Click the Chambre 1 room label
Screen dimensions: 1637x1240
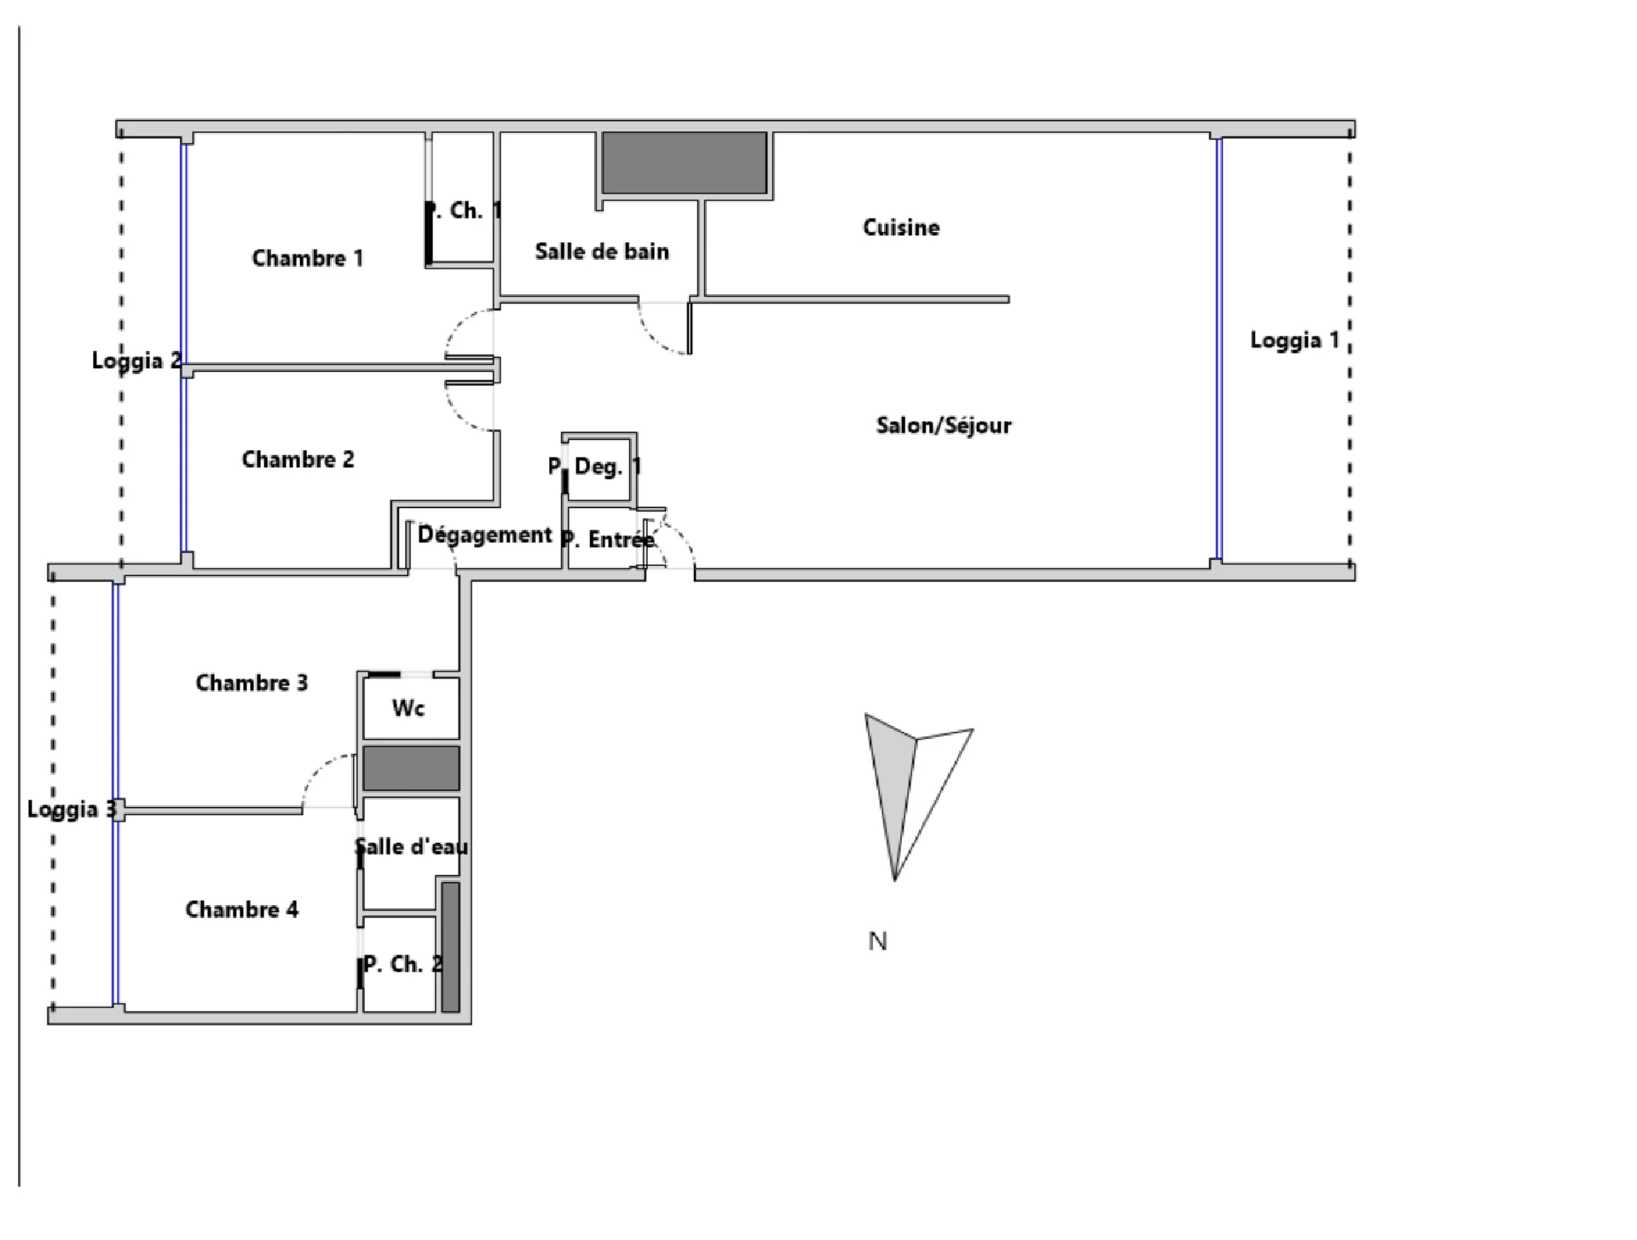point(308,257)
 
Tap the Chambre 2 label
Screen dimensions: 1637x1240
point(298,459)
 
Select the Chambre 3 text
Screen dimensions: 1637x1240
point(252,683)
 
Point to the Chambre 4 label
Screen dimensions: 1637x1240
point(242,909)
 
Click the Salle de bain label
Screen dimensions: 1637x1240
point(602,251)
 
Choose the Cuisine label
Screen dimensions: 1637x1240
point(901,228)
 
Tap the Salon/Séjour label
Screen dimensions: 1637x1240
point(944,425)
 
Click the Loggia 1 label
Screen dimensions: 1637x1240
point(1294,341)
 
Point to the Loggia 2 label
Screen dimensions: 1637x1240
point(136,360)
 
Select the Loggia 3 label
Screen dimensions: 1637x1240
point(72,810)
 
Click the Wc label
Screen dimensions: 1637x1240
point(408,708)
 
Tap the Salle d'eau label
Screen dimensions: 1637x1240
point(412,846)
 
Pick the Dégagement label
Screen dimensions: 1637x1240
point(485,535)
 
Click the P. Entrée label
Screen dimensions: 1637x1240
point(608,539)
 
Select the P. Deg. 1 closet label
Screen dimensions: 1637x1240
point(594,466)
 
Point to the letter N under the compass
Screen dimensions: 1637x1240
point(877,942)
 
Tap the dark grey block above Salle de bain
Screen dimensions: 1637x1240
point(685,163)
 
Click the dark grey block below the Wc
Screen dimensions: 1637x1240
point(412,768)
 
